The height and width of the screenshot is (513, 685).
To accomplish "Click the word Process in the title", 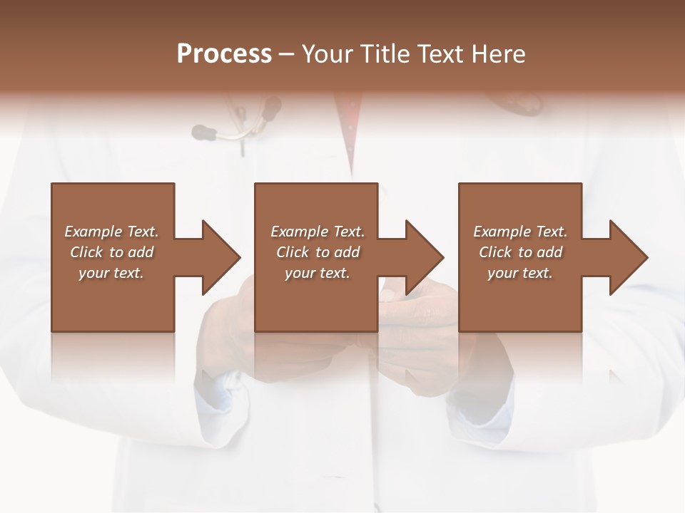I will click(224, 54).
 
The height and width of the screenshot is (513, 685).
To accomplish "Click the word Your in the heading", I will click(329, 54).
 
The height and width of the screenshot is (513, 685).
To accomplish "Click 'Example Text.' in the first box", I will click(111, 232).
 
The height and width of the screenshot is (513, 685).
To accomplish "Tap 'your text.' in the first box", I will click(111, 273).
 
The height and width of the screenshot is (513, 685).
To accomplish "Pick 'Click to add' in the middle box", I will click(318, 252).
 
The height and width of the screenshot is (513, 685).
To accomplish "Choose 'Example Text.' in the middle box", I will click(318, 232).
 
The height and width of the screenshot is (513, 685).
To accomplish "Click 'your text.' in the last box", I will click(520, 273).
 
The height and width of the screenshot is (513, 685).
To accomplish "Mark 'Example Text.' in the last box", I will click(520, 232).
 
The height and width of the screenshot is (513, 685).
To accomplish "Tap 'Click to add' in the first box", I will click(111, 252).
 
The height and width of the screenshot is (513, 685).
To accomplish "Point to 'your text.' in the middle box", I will click(318, 273).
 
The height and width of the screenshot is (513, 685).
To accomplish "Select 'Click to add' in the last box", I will click(520, 252).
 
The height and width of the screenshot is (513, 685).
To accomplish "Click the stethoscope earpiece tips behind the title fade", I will click(204, 131).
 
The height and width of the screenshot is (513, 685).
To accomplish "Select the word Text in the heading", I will click(441, 54).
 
